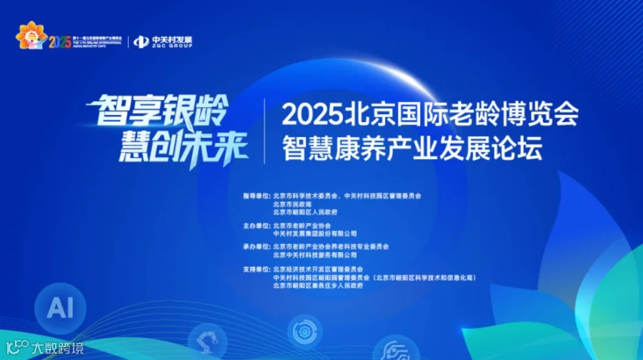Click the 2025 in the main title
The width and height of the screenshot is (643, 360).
pos(314,114)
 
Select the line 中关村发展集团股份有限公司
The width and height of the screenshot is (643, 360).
pos(314,234)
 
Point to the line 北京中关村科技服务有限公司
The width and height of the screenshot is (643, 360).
pos(314,254)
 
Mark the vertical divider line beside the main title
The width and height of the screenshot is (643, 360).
pos(266,130)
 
